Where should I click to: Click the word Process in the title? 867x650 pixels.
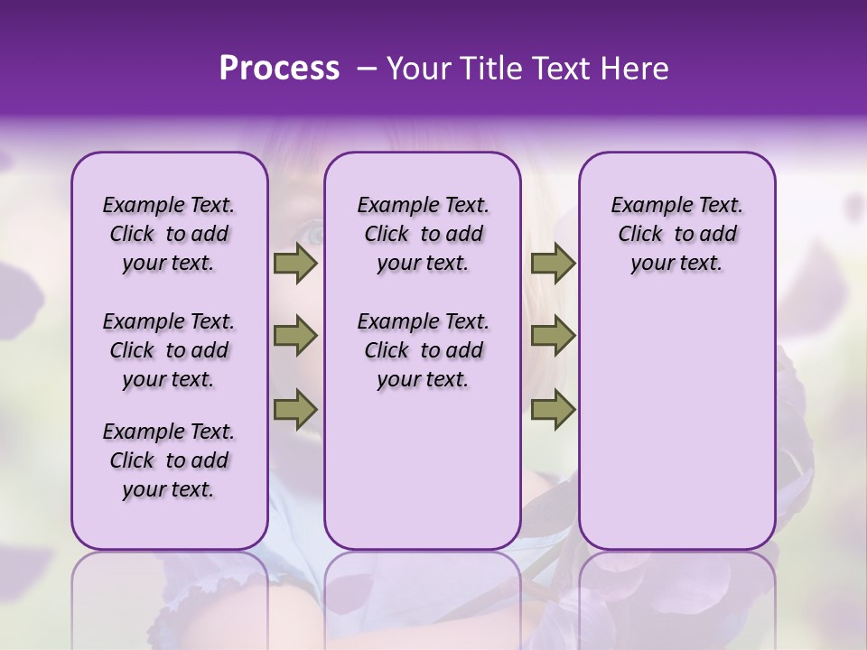click(x=279, y=69)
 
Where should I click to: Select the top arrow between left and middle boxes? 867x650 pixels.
click(x=295, y=264)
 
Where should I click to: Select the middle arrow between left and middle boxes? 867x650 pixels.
click(x=295, y=337)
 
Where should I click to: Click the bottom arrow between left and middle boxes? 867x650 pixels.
click(x=295, y=410)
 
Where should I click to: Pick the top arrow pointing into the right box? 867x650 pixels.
click(x=553, y=264)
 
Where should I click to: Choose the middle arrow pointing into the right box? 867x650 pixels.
click(x=553, y=337)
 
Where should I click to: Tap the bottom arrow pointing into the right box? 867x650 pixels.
click(x=553, y=410)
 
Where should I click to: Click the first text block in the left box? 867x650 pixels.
click(x=169, y=235)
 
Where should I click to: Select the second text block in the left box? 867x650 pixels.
click(x=169, y=350)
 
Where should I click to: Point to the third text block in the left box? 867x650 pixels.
click(x=169, y=460)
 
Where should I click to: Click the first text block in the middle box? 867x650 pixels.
click(x=423, y=235)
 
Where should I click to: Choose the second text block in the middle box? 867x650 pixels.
click(x=423, y=350)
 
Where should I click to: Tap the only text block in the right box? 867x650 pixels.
click(x=676, y=235)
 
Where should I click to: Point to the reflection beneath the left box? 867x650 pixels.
click(x=169, y=596)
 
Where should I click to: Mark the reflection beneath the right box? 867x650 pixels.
click(x=676, y=596)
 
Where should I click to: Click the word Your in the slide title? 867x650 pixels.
click(x=418, y=69)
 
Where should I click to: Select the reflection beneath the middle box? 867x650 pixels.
click(x=423, y=596)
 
